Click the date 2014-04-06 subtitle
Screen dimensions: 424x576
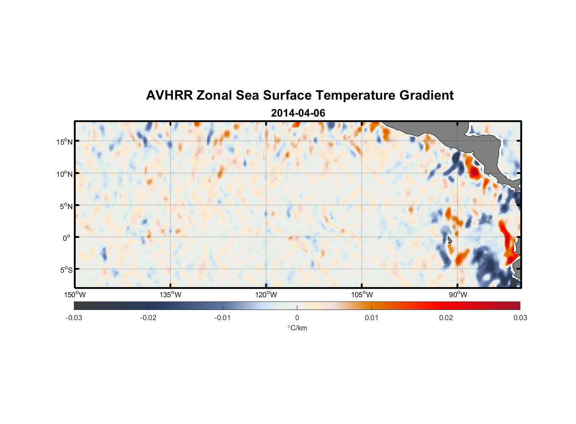click(x=298, y=113)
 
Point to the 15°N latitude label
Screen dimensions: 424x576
click(x=64, y=142)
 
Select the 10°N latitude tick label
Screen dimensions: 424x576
click(x=64, y=174)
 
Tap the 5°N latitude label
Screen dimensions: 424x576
click(x=65, y=206)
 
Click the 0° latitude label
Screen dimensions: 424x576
click(x=66, y=238)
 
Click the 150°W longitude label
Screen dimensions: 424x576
click(x=75, y=295)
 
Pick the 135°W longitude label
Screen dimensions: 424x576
click(x=170, y=295)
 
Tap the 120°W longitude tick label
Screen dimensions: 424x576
click(x=266, y=295)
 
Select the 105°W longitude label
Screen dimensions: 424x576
click(x=362, y=295)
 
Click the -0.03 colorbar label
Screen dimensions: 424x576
click(x=74, y=318)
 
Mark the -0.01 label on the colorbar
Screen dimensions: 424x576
click(x=222, y=318)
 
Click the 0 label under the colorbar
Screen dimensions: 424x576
click(x=297, y=318)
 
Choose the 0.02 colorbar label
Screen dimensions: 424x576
click(x=446, y=318)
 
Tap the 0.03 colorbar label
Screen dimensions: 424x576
click(x=520, y=318)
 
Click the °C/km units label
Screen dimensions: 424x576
click(x=297, y=328)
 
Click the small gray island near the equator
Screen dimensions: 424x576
click(x=449, y=240)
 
